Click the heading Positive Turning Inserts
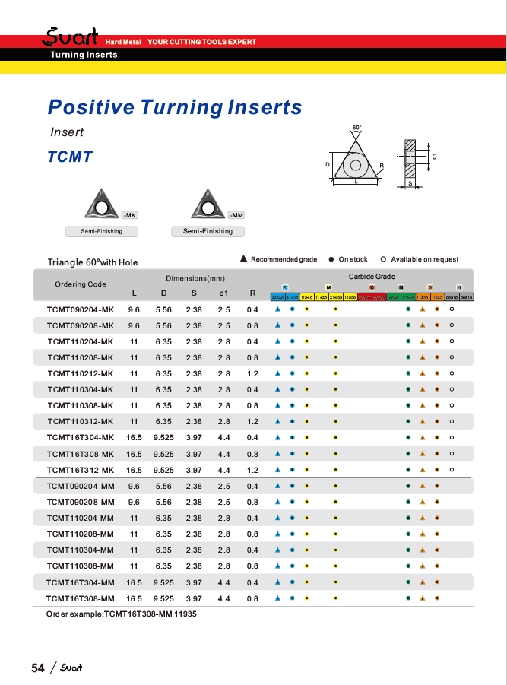point(175,107)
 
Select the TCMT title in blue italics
point(70,157)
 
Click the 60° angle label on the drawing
point(357,127)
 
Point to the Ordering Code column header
point(81,284)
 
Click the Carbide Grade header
point(372,277)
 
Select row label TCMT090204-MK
point(80,309)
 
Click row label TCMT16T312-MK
point(80,469)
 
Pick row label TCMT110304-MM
point(80,550)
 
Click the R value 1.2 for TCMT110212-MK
point(252,373)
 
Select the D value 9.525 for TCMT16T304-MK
point(164,437)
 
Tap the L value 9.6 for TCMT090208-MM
point(134,502)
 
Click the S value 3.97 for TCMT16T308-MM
point(194,598)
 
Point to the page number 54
point(38,668)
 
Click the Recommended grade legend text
point(284,260)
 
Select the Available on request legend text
point(424,260)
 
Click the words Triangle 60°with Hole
point(93,262)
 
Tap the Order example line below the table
point(122,614)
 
